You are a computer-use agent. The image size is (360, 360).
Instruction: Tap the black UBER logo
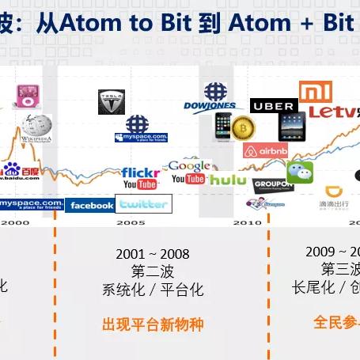pos(274,105)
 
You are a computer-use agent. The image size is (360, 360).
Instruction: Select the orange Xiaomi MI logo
pos(315,91)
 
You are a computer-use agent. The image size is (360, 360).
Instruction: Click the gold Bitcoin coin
pos(242,127)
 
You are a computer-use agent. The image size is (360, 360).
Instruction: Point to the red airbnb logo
pos(265,150)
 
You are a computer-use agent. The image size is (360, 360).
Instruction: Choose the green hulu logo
pos(228,180)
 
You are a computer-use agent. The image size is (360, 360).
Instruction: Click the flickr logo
pos(141,172)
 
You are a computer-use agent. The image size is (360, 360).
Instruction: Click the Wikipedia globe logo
pos(36,127)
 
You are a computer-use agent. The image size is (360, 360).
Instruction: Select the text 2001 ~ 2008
pos(153,254)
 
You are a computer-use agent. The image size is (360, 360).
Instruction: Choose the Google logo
pos(190,166)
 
